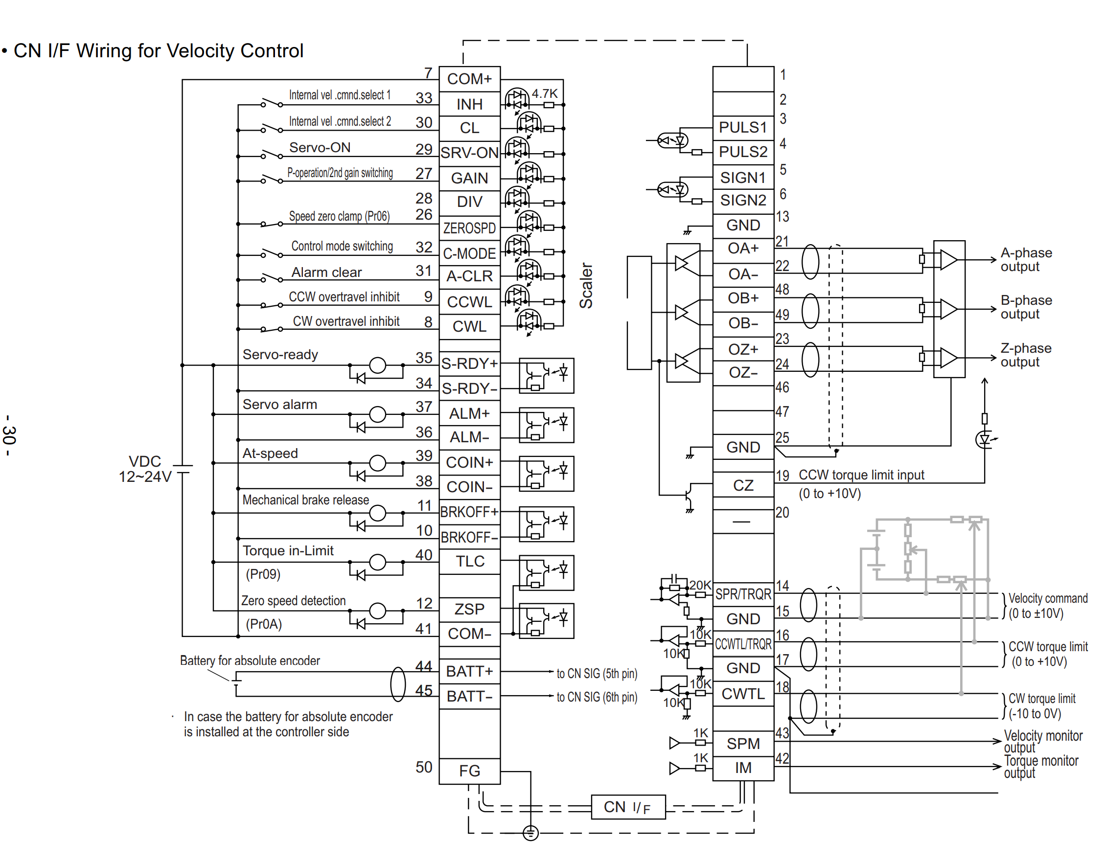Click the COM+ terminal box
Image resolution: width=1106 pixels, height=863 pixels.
[469, 79]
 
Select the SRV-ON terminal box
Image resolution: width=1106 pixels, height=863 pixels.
[469, 152]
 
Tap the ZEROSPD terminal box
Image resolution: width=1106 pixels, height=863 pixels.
[469, 228]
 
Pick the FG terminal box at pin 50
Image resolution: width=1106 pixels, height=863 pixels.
[469, 771]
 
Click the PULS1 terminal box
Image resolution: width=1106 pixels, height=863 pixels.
[743, 127]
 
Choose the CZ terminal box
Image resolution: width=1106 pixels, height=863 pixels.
[743, 485]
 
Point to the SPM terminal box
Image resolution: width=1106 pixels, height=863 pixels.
[743, 744]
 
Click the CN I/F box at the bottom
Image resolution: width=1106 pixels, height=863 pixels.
[628, 807]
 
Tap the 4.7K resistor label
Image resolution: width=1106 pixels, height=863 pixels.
[544, 93]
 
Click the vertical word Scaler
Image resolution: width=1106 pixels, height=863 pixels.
[586, 286]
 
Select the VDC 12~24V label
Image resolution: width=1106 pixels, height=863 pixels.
[145, 469]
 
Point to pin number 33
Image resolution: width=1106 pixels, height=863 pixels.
[424, 98]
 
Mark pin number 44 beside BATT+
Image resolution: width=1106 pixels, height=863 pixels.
[424, 666]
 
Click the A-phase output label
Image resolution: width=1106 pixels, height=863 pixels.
[1026, 260]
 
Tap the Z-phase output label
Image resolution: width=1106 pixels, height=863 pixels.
[1026, 355]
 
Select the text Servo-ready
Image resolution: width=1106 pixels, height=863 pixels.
[280, 354]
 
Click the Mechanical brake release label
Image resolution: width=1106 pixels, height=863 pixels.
[305, 500]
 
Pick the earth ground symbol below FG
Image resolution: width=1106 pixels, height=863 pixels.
[530, 833]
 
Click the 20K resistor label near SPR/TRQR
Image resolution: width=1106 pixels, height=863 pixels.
[700, 585]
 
